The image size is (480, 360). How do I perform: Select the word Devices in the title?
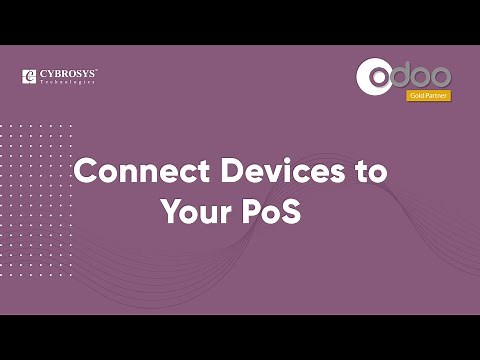point(272,170)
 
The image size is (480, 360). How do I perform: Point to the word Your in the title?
point(195,212)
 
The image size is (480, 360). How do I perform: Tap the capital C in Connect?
point(85,170)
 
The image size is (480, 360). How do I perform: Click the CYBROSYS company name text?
point(68,74)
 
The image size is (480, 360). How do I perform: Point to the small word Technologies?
point(68,82)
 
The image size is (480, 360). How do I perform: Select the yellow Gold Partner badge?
point(428,96)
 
